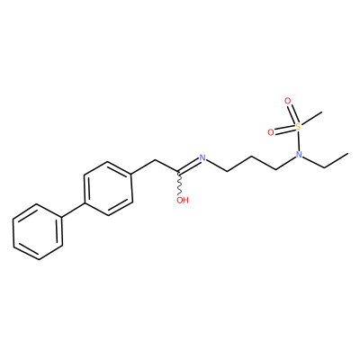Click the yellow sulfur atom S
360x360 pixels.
coord(298,127)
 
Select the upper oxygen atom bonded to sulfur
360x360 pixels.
coord(288,101)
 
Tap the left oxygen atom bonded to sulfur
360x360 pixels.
coord(271,132)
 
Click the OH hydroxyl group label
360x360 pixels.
coord(183,200)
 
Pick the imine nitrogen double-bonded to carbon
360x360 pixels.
coord(202,157)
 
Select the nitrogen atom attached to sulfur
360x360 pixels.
coord(299,155)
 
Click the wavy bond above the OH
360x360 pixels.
coord(180,184)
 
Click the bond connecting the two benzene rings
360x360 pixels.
coord(73,211)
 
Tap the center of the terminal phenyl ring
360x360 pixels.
coord(38,232)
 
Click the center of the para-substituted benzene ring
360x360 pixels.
coord(108,189)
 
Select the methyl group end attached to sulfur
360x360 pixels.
coord(321,112)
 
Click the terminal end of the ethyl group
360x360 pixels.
coord(348,153)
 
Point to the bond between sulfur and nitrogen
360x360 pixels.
coord(298,141)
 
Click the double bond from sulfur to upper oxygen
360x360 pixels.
coord(292,114)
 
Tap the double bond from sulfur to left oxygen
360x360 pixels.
coord(284,130)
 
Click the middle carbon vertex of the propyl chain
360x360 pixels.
coord(251,157)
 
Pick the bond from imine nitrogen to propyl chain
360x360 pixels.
coord(217,166)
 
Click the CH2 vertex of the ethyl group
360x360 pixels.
coord(325,167)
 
